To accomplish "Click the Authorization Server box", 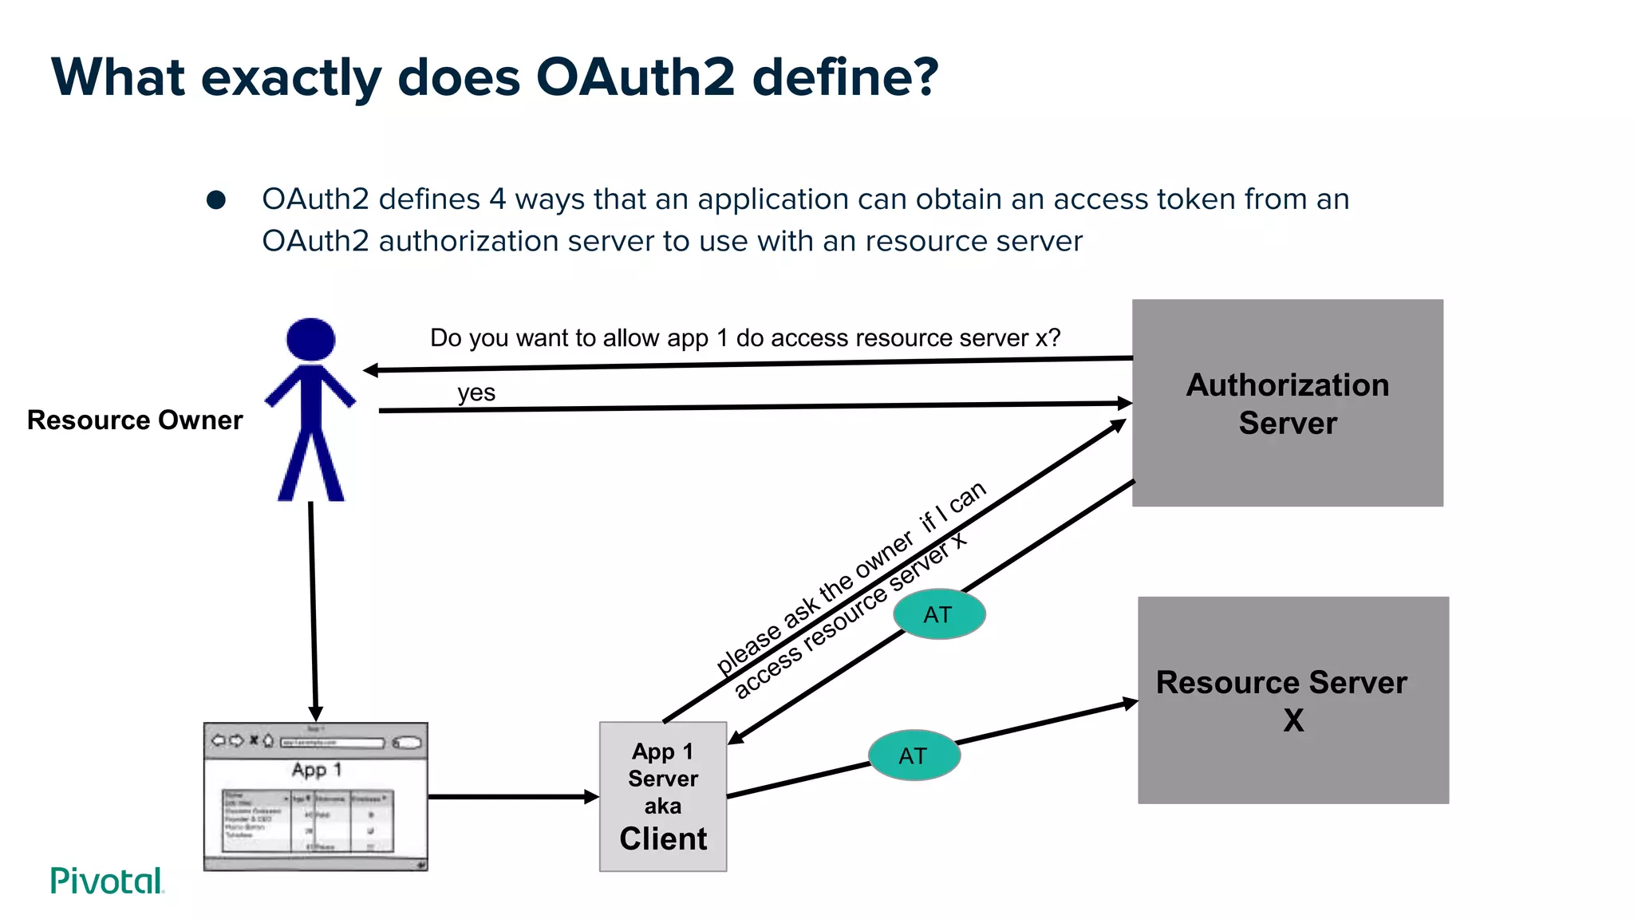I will point(1287,403).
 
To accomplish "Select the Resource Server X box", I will point(1293,700).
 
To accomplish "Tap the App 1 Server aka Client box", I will point(663,796).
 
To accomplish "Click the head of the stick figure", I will point(310,339).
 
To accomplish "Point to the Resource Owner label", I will point(135,420).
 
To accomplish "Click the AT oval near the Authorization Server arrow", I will point(939,614).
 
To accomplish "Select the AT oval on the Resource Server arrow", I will point(914,755).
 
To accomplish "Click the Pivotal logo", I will point(107,881).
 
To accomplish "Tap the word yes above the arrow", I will point(476,392).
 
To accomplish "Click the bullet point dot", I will point(216,199).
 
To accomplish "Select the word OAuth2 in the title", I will point(635,77).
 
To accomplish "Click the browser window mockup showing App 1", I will point(316,796).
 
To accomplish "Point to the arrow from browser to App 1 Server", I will point(511,796).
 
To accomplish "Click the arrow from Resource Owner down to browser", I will point(313,606).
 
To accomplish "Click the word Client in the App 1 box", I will point(663,839).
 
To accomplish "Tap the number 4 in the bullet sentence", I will point(497,199).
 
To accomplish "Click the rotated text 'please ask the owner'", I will point(814,604).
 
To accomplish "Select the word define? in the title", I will point(845,77).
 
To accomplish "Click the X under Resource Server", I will point(1293,720).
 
